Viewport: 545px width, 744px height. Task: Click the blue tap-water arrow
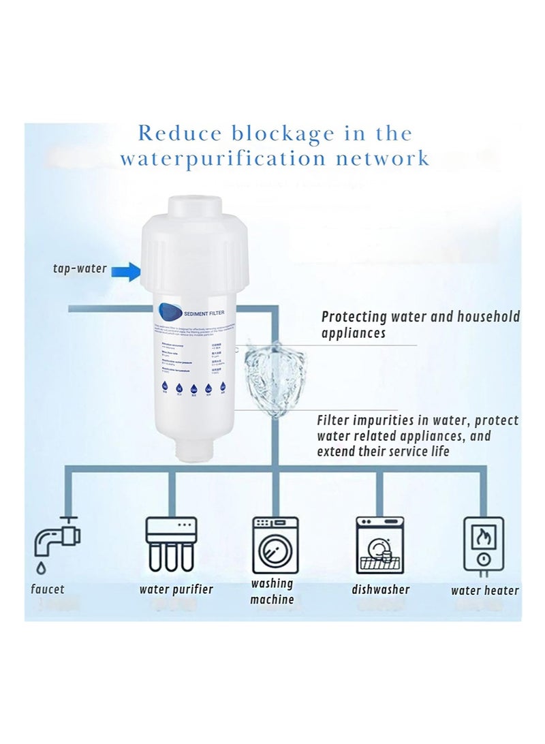[129, 273]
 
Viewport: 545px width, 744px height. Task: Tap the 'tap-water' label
[80, 268]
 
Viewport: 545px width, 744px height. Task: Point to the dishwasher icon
[380, 544]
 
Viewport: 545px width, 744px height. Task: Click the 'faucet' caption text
[48, 589]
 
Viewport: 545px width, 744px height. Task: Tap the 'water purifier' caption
[176, 589]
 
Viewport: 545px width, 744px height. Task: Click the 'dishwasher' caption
[381, 589]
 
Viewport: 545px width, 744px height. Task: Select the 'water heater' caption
[484, 591]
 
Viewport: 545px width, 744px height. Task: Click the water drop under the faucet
[42, 568]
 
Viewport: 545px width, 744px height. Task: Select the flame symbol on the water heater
[484, 537]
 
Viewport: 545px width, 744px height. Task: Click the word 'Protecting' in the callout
[354, 317]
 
